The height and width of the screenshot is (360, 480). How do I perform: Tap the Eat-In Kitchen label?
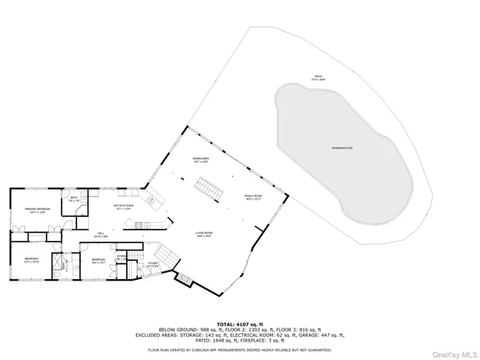[123, 209]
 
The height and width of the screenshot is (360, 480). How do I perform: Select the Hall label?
[100, 235]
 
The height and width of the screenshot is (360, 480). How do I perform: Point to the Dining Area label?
[201, 160]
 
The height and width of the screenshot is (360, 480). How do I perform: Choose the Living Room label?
[205, 235]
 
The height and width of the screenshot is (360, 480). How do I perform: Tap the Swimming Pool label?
[342, 148]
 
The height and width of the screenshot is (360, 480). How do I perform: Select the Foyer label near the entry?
[152, 263]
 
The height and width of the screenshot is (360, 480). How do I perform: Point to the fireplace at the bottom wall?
[184, 280]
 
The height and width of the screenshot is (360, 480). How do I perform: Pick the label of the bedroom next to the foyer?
[98, 262]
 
